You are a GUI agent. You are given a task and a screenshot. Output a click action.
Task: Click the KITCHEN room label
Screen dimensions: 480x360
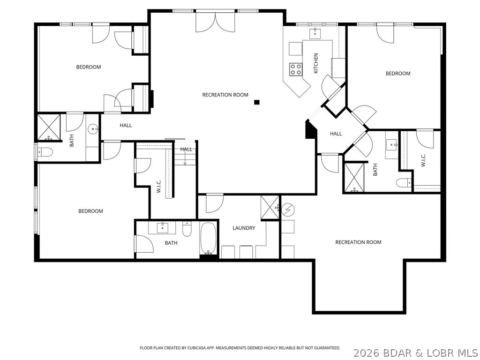[x=316, y=63]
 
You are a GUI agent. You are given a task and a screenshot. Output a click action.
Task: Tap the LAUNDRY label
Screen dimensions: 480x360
[x=244, y=228]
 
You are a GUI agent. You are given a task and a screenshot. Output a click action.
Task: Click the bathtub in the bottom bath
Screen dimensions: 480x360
[x=209, y=238]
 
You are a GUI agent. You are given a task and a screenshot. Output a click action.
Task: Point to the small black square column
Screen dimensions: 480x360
[x=257, y=102]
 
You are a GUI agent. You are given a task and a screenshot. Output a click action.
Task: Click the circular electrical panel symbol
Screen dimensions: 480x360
[x=288, y=210]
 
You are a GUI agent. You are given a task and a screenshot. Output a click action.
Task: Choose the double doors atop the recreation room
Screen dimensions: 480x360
[x=216, y=22]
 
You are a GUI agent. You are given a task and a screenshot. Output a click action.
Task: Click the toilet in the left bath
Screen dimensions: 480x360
[x=45, y=151]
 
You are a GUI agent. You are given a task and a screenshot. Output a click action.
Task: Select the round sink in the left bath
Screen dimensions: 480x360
[x=93, y=129]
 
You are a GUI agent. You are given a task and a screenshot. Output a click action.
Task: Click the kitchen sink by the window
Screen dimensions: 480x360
[x=315, y=33]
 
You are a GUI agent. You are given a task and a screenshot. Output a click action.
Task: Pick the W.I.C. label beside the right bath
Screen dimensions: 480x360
[x=423, y=160]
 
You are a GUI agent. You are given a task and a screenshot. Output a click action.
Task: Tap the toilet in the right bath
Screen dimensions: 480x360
[x=404, y=183]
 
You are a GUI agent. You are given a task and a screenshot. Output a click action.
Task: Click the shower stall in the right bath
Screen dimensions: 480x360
[x=354, y=178]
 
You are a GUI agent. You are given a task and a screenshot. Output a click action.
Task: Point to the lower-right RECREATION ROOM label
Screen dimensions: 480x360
[x=358, y=242]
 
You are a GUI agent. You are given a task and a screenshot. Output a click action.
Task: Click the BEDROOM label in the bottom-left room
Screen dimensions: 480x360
[x=90, y=211]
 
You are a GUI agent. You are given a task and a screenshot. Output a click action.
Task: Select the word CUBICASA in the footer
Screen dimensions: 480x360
[x=195, y=348]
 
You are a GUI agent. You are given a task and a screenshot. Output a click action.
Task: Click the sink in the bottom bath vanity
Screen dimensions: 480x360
[x=163, y=228]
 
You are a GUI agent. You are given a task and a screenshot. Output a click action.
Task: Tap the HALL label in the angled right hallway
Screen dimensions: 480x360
[x=336, y=134]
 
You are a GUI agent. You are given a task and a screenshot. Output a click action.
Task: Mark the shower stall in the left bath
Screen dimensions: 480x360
[x=49, y=127]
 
